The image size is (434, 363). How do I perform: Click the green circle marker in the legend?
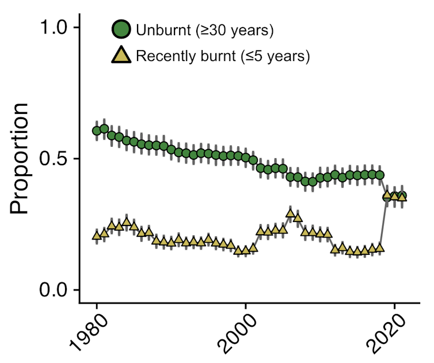(x=122, y=29)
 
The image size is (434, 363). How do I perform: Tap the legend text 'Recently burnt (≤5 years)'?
(x=223, y=56)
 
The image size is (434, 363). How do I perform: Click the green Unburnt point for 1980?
(x=97, y=131)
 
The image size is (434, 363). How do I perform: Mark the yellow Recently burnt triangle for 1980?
(x=97, y=235)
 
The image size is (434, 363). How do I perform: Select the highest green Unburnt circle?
(x=104, y=128)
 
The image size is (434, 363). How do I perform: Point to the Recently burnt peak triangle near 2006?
(x=290, y=213)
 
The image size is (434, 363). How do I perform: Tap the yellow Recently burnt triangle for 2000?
(x=246, y=250)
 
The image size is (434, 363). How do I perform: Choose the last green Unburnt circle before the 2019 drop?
(x=379, y=175)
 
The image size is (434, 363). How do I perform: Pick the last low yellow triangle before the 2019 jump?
(x=379, y=248)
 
